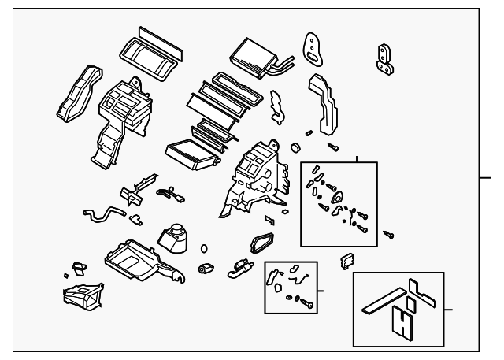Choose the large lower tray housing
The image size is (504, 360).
tap(143, 259)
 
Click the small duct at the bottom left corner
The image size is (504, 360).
tap(83, 295)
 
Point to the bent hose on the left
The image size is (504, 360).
tap(102, 213)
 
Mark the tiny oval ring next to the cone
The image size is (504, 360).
tap(203, 248)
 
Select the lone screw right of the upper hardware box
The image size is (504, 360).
tap(389, 234)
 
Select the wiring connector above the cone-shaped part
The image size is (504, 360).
tap(168, 193)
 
